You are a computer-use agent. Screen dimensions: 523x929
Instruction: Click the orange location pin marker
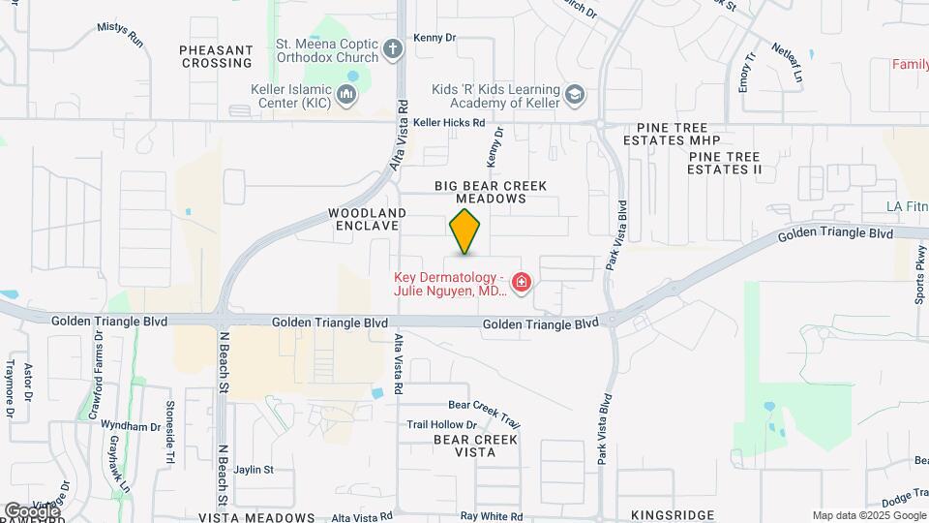465,231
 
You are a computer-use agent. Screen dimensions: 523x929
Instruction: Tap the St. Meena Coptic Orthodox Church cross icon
392,47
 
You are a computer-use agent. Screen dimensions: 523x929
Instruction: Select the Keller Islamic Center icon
346,94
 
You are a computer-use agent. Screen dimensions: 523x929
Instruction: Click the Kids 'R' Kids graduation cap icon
575,94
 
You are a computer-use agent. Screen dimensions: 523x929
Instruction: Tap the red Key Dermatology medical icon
522,282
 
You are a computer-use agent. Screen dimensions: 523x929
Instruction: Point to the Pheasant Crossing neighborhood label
216,56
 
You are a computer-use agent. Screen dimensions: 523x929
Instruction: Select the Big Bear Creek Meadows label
491,192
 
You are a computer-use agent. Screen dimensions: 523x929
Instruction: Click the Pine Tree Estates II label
725,163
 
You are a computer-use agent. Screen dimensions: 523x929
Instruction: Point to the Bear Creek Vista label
475,446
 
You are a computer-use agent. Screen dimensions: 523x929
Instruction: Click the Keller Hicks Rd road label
448,123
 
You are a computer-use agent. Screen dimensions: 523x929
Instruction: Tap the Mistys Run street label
120,35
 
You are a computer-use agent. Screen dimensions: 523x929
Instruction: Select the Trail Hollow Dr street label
441,424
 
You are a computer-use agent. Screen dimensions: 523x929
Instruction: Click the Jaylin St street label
255,469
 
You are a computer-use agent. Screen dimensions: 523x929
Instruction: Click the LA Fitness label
907,206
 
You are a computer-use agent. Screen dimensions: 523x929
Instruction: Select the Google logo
31,510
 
